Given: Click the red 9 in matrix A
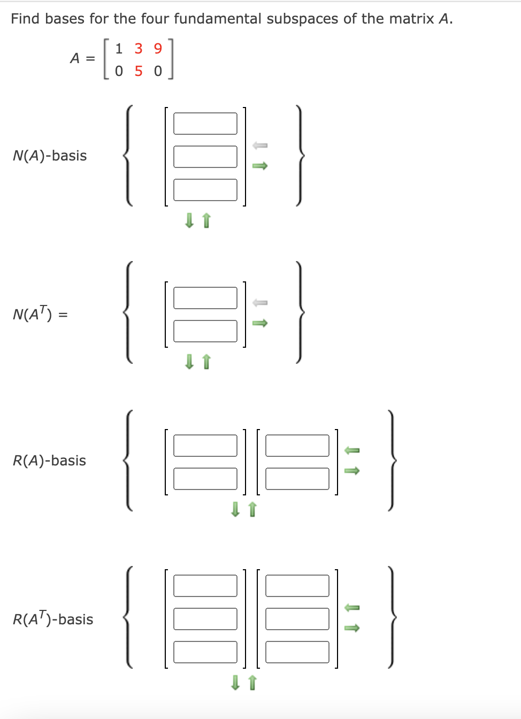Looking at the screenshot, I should pyautogui.click(x=158, y=49).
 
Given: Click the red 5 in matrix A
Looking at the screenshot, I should pyautogui.click(x=139, y=71).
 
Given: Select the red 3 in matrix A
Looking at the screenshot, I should pyautogui.click(x=139, y=49).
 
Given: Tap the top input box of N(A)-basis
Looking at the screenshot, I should pyautogui.click(x=205, y=124).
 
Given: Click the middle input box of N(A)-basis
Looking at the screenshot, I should pyautogui.click(x=205, y=157).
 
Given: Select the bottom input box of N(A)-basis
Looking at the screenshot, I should pyautogui.click(x=205, y=190).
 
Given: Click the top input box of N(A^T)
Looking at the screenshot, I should pyautogui.click(x=205, y=298).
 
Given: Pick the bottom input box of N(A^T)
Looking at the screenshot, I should pyautogui.click(x=205, y=331).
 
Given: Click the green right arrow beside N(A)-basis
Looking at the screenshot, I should pyautogui.click(x=260, y=166).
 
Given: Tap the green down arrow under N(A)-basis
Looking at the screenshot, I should pyautogui.click(x=189, y=220).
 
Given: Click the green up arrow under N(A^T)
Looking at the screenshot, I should pyautogui.click(x=207, y=362).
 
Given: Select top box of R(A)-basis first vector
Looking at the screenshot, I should pyautogui.click(x=205, y=446).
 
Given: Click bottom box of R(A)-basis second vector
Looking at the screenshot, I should pyautogui.click(x=297, y=479).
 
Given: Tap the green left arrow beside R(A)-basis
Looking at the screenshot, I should pyautogui.click(x=351, y=450).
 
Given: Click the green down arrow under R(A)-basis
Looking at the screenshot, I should pyautogui.click(x=235, y=509).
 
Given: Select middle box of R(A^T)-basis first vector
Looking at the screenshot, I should pyautogui.click(x=205, y=619).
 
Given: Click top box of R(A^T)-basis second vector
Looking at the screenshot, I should pyautogui.click(x=297, y=586).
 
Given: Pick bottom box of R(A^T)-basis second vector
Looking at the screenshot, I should pyautogui.click(x=297, y=652).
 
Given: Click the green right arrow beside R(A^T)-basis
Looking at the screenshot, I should pyautogui.click(x=351, y=628).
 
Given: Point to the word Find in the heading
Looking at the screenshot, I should pyautogui.click(x=25, y=19).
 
